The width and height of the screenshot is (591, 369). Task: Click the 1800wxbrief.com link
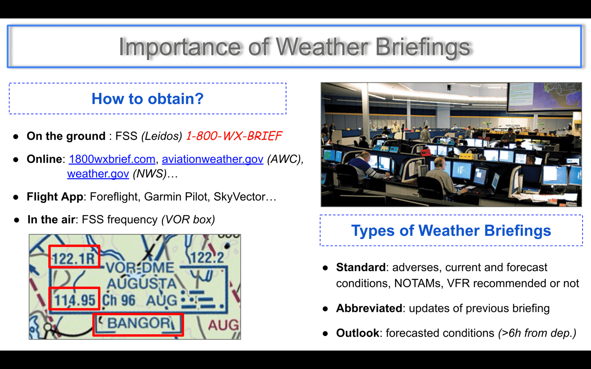pos(112,159)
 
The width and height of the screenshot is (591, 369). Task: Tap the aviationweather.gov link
pos(213,159)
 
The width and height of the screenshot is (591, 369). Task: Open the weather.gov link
pos(98,174)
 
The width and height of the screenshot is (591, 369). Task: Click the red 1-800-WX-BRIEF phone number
pos(234,136)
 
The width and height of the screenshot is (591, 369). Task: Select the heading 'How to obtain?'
pos(147,99)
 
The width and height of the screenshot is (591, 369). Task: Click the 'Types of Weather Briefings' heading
pos(451,231)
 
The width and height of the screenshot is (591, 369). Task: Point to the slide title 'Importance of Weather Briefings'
pos(294,47)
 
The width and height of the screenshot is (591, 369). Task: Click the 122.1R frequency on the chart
pos(74,258)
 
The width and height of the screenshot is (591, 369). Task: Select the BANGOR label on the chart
pos(139,323)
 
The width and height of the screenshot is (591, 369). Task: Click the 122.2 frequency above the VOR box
pos(207,258)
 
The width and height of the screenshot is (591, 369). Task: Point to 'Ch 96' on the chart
pos(119,300)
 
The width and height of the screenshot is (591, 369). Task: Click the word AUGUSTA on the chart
pos(142,284)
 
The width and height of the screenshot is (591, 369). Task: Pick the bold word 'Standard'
pos(361,267)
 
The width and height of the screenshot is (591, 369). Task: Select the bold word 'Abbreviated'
pos(369,308)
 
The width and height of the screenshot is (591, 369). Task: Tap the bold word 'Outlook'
pos(358,333)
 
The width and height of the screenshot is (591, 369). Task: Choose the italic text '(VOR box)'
pos(188,220)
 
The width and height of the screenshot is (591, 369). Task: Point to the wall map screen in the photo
pos(544,96)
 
